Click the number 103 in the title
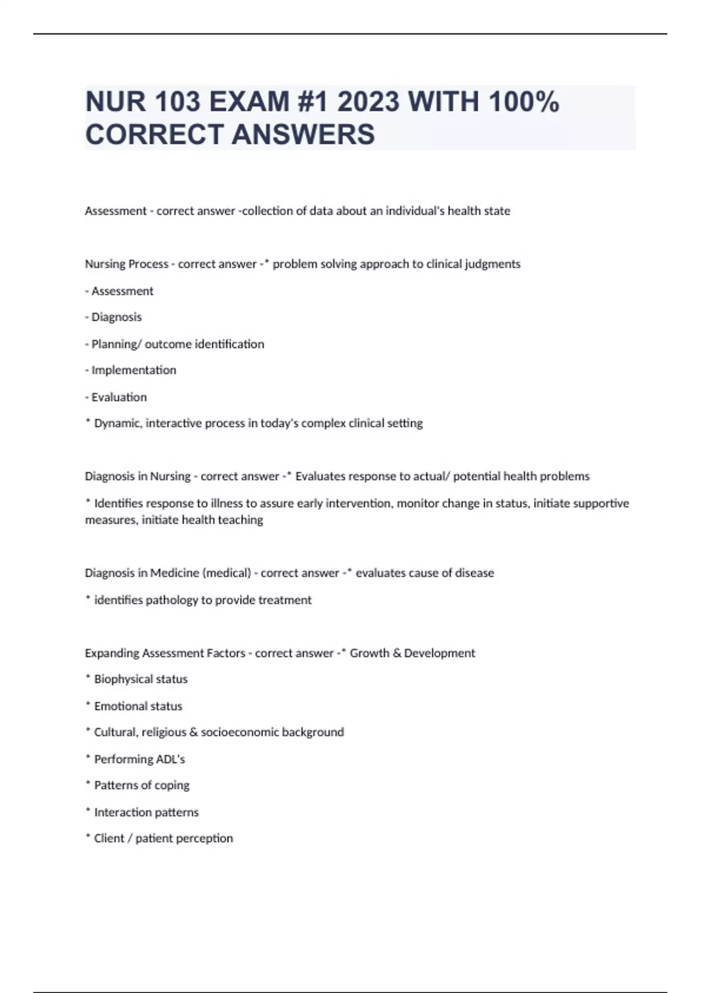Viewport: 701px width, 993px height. (178, 102)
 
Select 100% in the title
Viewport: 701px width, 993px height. (523, 102)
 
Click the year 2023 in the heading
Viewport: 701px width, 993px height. (369, 102)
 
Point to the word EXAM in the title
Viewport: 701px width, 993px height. (249, 102)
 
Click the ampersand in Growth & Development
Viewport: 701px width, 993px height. (397, 653)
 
